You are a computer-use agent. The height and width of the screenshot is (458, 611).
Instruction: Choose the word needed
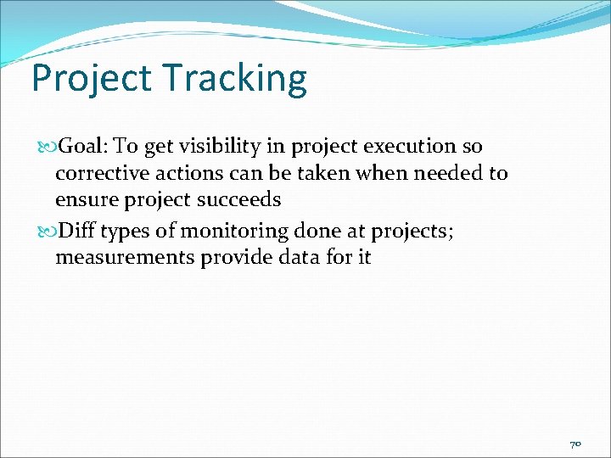pos(448,174)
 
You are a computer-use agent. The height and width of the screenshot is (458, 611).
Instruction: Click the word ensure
pos(85,201)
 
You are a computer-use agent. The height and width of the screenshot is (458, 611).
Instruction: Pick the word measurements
pos(125,257)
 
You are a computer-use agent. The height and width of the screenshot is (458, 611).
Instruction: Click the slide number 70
pos(575,444)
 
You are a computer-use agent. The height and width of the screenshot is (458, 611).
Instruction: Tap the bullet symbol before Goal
pos(46,148)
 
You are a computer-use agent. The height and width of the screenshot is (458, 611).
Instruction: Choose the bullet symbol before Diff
pos(46,230)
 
